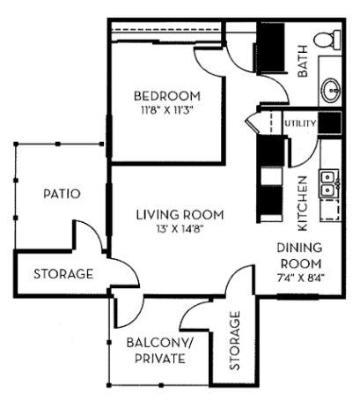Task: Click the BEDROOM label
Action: pyautogui.click(x=166, y=95)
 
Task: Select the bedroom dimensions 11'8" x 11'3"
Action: pyautogui.click(x=166, y=110)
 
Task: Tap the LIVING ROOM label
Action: pyautogui.click(x=180, y=214)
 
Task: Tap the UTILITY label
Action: pyautogui.click(x=299, y=123)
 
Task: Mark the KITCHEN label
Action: pyautogui.click(x=301, y=189)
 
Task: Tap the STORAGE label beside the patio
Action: pyautogui.click(x=62, y=274)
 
